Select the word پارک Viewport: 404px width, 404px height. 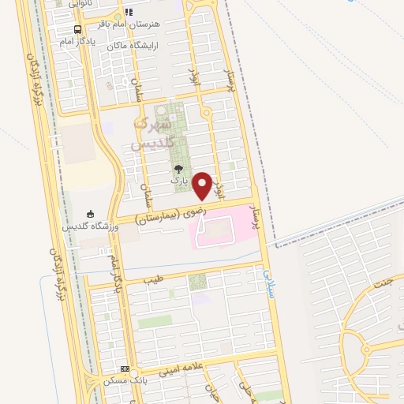181,181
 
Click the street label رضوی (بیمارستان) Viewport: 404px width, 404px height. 168,211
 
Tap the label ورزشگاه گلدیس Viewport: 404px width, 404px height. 90,226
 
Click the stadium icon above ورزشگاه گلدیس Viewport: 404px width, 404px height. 90,213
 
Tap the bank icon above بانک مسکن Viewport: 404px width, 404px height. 125,368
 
